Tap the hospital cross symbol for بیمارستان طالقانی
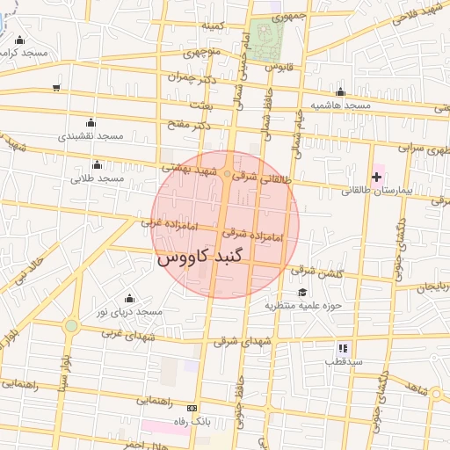click(x=376, y=178)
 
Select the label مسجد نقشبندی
click(x=93, y=136)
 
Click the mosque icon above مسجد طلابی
click(x=97, y=164)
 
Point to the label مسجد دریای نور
click(x=129, y=312)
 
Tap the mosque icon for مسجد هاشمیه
click(x=340, y=91)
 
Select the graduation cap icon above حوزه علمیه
click(x=302, y=293)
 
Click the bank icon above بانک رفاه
click(x=192, y=408)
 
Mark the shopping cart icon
click(x=57, y=87)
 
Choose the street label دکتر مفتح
click(x=188, y=125)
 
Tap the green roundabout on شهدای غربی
click(x=71, y=326)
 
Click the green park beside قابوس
click(x=264, y=45)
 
